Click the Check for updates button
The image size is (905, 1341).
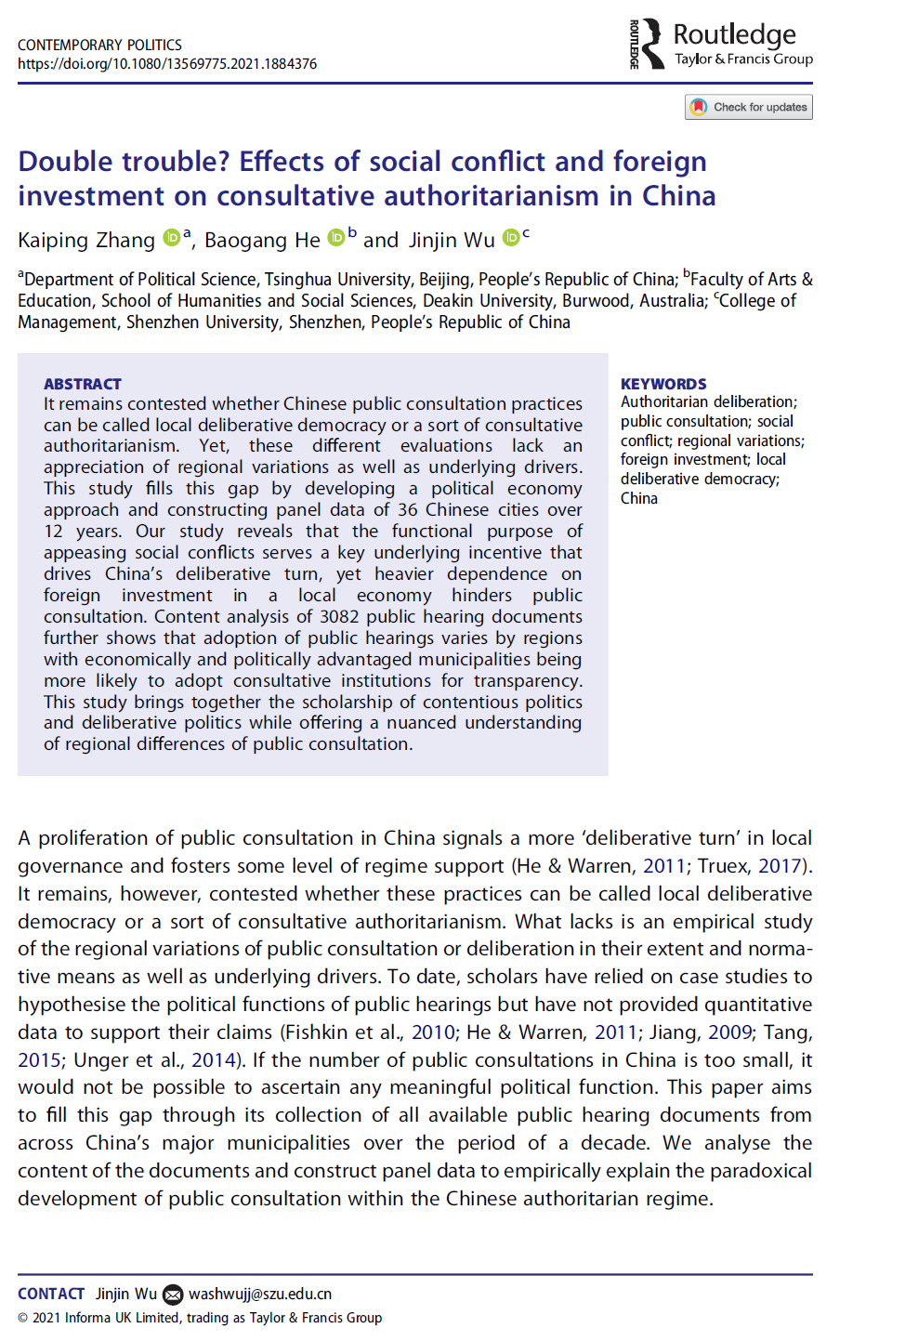[x=749, y=107]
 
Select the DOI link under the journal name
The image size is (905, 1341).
[x=167, y=64]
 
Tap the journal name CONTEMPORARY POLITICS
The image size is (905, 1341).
[x=99, y=45]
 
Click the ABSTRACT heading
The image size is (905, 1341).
[x=83, y=384]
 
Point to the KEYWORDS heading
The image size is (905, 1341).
[x=663, y=384]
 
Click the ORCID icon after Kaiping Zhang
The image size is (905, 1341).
[x=172, y=238]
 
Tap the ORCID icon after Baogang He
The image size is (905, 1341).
[x=336, y=238]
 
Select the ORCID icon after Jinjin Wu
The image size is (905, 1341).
[x=511, y=238]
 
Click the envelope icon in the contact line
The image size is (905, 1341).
[x=173, y=1295]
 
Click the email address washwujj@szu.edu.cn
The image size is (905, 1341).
[x=260, y=1295]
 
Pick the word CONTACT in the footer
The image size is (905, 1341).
[x=51, y=1295]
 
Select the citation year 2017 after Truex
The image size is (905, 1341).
[x=780, y=866]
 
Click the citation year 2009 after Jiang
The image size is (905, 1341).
[x=729, y=1032]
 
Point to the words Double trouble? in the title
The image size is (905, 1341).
[x=124, y=162]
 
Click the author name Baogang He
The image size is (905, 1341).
[x=262, y=241]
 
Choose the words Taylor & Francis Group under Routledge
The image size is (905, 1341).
[x=743, y=59]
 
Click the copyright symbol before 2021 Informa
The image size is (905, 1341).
[x=23, y=1319]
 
